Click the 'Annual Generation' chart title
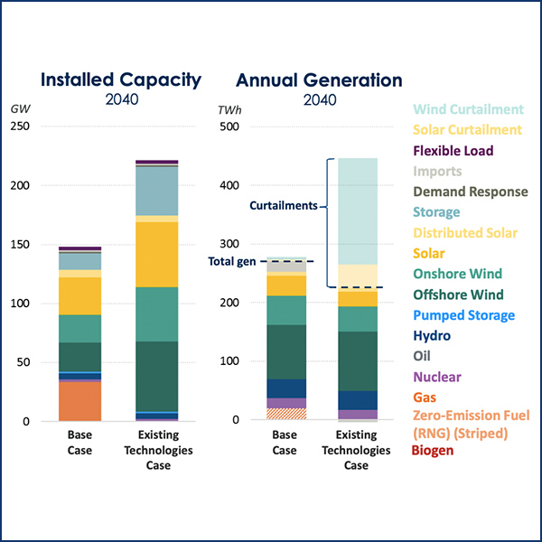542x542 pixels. (319, 79)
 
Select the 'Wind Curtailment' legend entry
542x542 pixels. (467, 109)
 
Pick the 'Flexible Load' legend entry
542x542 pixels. (457, 151)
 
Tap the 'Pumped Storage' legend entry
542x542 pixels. (463, 315)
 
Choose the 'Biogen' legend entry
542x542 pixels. (433, 450)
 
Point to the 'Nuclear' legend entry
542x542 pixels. (437, 377)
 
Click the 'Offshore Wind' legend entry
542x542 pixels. (457, 294)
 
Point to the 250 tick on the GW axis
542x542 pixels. (20, 126)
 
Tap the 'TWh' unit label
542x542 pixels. (230, 108)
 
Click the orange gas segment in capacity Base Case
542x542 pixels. (80, 401)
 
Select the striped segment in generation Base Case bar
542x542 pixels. (285, 414)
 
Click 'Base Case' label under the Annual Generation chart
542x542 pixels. (285, 444)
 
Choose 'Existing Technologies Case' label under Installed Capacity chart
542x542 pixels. (157, 451)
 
